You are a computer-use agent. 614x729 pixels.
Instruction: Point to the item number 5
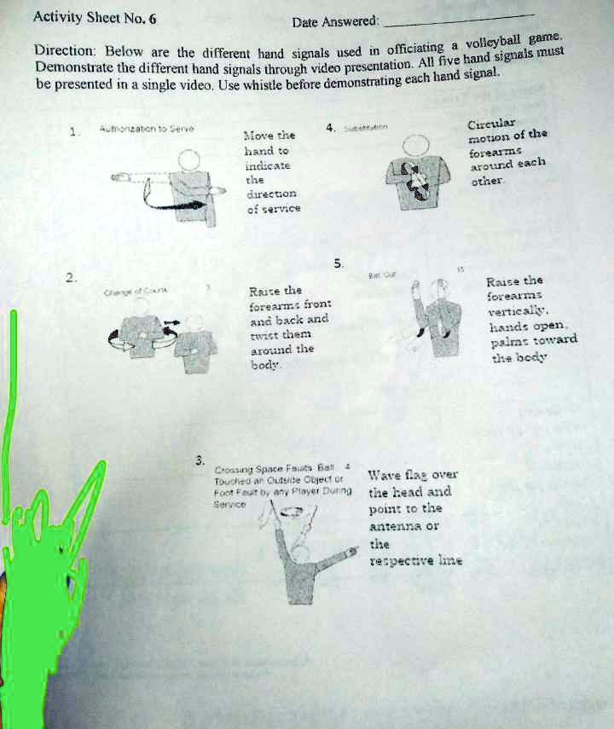pyautogui.click(x=340, y=263)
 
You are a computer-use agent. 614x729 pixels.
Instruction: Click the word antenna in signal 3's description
pyautogui.click(x=401, y=525)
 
